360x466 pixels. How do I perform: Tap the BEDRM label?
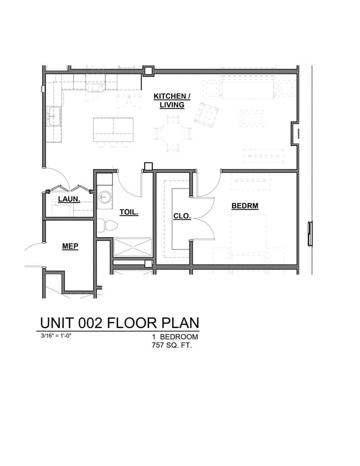[245, 206]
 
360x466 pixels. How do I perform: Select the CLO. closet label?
[182, 216]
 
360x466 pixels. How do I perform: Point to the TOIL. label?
[128, 212]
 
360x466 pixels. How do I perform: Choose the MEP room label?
[69, 246]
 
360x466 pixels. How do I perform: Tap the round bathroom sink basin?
[105, 197]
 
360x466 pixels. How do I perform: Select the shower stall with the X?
[132, 247]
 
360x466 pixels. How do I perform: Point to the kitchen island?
[114, 128]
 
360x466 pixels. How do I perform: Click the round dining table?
[173, 133]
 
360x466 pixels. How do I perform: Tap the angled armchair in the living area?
[207, 115]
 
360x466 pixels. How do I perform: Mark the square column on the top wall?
[148, 71]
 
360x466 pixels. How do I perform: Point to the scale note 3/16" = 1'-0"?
[56, 336]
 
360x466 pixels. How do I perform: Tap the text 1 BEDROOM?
[174, 337]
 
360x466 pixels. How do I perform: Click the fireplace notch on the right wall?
[296, 134]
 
